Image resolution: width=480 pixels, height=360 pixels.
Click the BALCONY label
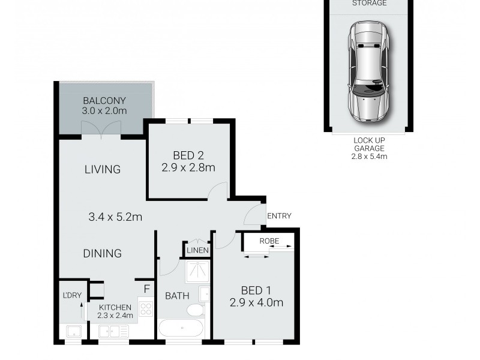pos(105,100)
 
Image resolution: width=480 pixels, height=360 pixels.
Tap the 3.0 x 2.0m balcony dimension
pos(105,111)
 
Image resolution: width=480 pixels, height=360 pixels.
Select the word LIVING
pos(102,169)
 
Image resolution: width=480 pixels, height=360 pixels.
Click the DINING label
pos(102,253)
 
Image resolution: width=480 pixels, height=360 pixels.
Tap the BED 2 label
pos(188,155)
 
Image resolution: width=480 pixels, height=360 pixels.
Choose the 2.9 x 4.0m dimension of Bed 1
pos(256,302)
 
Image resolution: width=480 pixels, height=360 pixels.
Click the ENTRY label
pos(279,216)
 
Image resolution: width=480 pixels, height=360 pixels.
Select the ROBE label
pos(269,241)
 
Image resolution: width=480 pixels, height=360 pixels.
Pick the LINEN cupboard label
pos(197,250)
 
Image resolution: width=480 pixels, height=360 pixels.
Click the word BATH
pos(177,295)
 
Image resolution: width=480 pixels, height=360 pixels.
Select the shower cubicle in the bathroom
pos(197,272)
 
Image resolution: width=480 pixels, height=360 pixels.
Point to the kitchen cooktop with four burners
pos(146,309)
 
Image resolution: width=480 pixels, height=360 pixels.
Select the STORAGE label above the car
pos(369,4)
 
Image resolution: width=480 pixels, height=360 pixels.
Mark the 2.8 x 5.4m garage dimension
pos(369,157)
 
